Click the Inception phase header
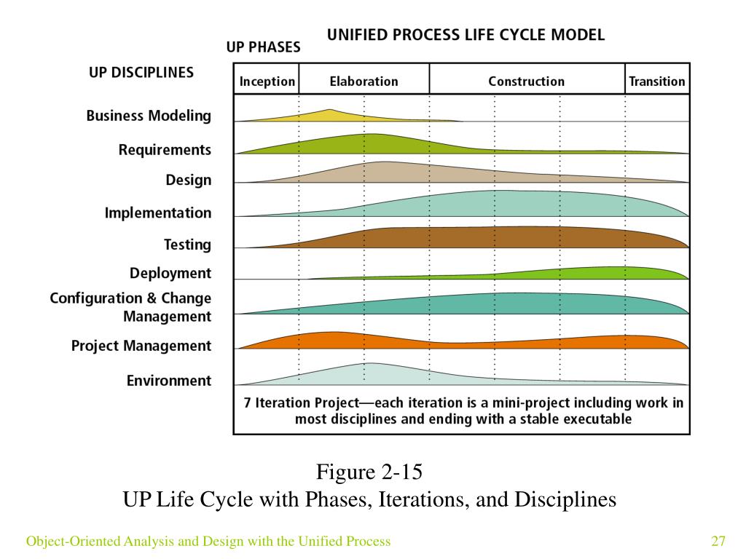[x=267, y=81]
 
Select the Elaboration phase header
[x=364, y=81]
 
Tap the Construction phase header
[x=526, y=81]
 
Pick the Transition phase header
[x=656, y=81]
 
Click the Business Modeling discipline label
[x=149, y=116]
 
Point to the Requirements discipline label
[x=165, y=150]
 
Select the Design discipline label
[x=188, y=180]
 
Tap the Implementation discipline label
[x=158, y=213]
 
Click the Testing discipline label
[x=187, y=245]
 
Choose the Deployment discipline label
[x=170, y=274]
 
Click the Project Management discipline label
[x=141, y=346]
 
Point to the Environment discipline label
[x=169, y=381]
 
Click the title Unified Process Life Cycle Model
[x=466, y=34]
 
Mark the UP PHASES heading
[x=263, y=47]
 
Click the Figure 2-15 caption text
[x=369, y=472]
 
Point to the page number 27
[x=719, y=541]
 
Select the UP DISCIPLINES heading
[x=141, y=73]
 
